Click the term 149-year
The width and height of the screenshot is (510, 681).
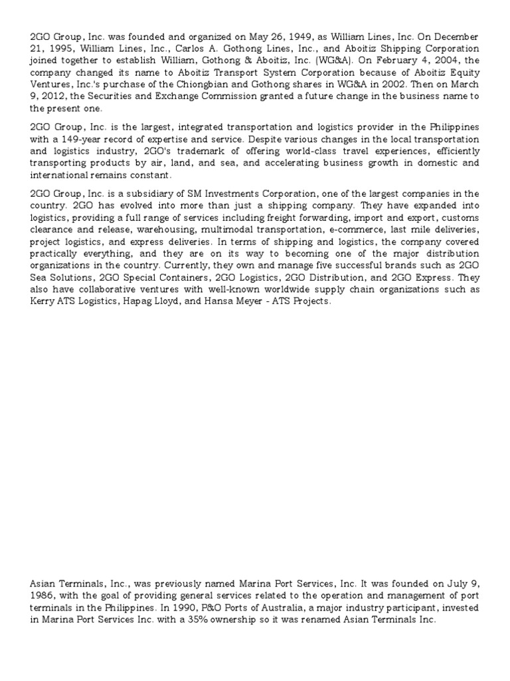pyautogui.click(x=76, y=138)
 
